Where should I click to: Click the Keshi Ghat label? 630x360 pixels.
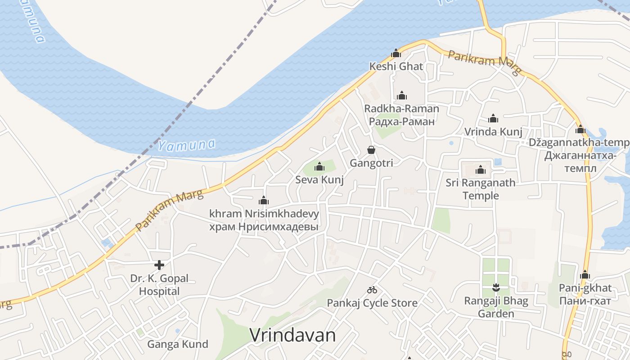pos(396,67)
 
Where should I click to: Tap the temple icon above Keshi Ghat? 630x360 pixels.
pos(396,54)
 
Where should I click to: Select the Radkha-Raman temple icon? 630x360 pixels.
pos(402,95)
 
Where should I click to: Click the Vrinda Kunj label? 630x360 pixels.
pos(493,132)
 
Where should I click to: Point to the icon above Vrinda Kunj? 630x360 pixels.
pos(493,119)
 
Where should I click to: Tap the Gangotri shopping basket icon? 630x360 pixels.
pos(371,150)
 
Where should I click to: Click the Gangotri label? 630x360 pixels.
pos(371,163)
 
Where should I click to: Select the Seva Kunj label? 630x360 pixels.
pos(319,180)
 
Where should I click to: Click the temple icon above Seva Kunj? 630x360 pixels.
pos(319,167)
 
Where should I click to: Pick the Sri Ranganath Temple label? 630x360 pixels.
pos(481,189)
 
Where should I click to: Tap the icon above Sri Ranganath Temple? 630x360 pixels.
pos(481,170)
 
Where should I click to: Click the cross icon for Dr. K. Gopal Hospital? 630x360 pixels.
pos(159,265)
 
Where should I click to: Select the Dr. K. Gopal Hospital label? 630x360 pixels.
pos(159,285)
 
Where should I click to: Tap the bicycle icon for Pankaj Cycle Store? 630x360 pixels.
pos(372,290)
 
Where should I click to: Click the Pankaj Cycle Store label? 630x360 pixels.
pos(372,303)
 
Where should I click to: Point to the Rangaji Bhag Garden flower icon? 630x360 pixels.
pos(496,287)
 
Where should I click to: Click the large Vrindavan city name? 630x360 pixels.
pos(292,335)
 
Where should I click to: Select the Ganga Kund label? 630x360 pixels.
pos(178,345)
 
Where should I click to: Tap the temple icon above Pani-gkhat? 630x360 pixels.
pos(585,274)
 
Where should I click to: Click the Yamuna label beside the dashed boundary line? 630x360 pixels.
pos(186,145)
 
